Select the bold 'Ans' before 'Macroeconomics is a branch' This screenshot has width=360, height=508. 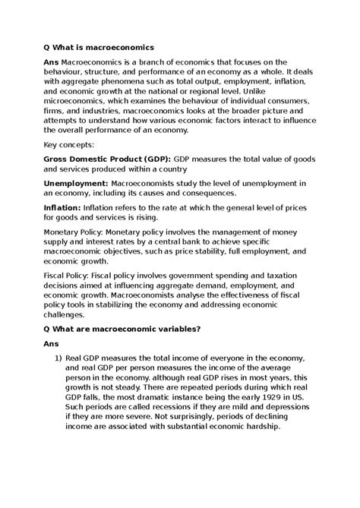click(x=52, y=62)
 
